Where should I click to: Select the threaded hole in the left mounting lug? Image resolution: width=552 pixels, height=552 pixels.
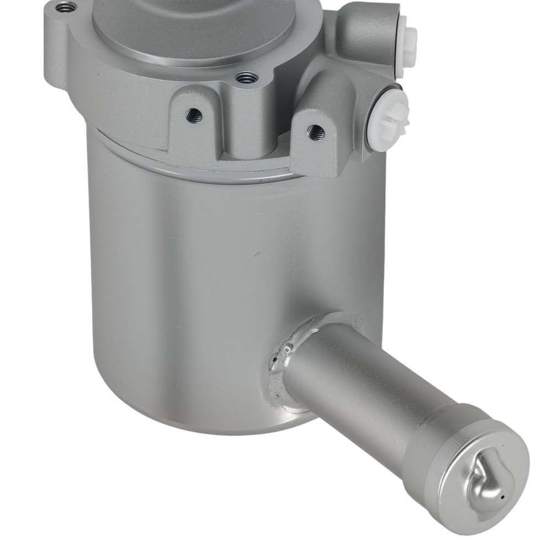[x=194, y=115]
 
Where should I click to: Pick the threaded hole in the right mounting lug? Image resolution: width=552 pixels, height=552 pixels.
[x=316, y=131]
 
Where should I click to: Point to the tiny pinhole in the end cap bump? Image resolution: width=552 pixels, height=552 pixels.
[x=502, y=497]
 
